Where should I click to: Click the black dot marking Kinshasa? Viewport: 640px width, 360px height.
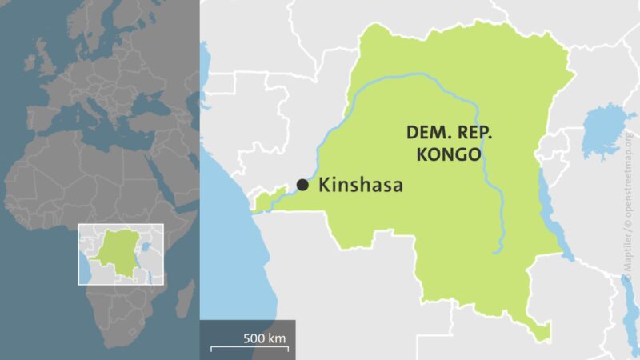point(302,185)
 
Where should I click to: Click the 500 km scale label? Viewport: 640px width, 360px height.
point(265,338)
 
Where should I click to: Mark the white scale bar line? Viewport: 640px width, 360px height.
point(250,349)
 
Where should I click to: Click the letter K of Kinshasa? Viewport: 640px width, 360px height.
point(325,186)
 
